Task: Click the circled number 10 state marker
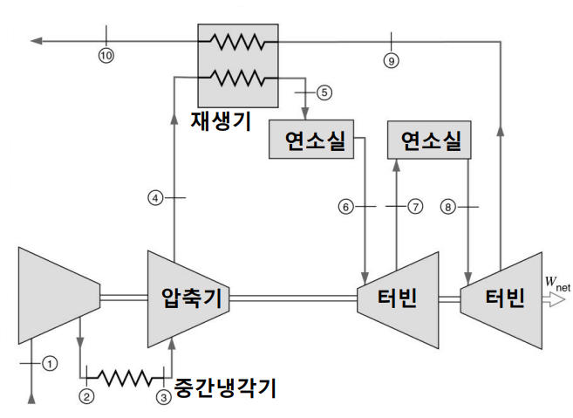(106, 56)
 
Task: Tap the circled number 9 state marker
(391, 61)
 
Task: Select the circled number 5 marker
(324, 93)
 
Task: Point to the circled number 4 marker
(155, 198)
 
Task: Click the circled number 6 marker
(345, 207)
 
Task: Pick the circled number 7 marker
(415, 207)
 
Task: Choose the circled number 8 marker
(448, 208)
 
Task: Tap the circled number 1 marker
(50, 364)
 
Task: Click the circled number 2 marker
(86, 396)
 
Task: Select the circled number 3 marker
(164, 397)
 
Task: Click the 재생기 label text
(221, 121)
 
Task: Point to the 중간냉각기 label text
(225, 387)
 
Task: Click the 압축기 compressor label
(192, 298)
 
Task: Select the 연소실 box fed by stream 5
(311, 139)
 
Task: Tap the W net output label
(557, 283)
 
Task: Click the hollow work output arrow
(554, 300)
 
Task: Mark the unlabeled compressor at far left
(59, 296)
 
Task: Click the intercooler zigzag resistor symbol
(125, 378)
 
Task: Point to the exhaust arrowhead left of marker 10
(37, 41)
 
